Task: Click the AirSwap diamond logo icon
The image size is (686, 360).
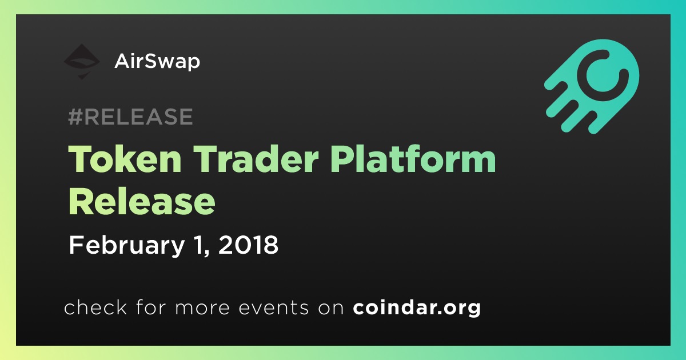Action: click(x=82, y=62)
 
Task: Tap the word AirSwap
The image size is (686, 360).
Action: click(x=157, y=62)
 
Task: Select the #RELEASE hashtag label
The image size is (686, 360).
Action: click(x=130, y=117)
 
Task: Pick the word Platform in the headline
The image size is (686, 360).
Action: click(x=413, y=159)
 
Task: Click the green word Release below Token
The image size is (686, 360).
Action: click(x=142, y=202)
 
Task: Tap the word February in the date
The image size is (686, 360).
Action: click(x=127, y=246)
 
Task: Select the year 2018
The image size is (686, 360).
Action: click(x=248, y=245)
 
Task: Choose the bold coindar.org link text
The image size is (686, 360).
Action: click(x=417, y=307)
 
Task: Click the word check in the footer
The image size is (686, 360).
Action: click(x=95, y=307)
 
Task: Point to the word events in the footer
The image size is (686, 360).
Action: click(x=273, y=308)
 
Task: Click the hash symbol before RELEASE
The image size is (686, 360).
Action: click(x=75, y=117)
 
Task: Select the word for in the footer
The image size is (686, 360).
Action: click(x=151, y=307)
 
